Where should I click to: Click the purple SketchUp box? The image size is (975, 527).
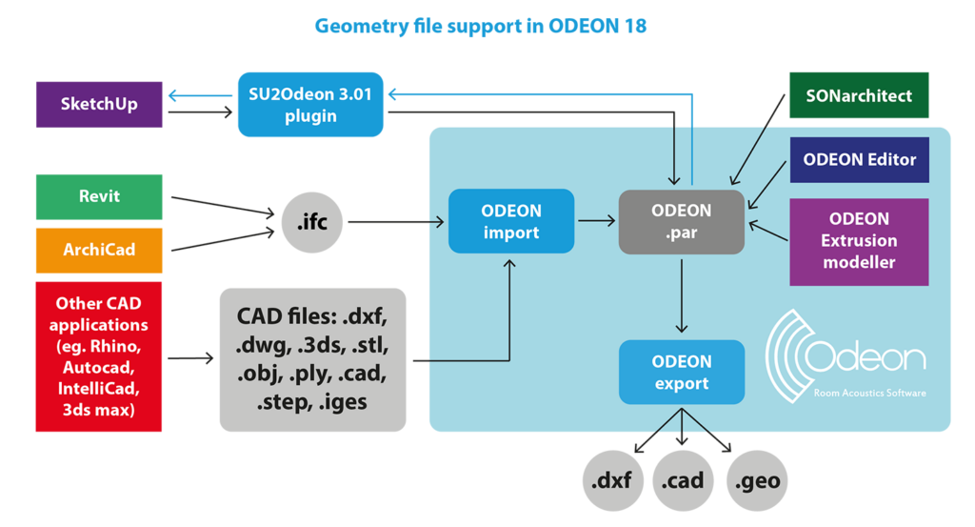tap(99, 104)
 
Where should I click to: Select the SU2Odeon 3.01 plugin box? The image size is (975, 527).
tap(310, 104)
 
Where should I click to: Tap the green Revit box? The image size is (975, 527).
tap(99, 196)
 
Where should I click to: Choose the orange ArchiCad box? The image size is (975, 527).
tap(99, 250)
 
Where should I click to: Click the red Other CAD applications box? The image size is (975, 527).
tap(99, 356)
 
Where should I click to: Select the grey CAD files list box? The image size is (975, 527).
tap(312, 358)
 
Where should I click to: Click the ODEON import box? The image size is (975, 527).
tap(511, 221)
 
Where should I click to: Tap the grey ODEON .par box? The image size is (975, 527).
tap(681, 221)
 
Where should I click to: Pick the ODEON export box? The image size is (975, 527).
tap(681, 372)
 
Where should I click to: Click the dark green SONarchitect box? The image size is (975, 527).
tap(859, 95)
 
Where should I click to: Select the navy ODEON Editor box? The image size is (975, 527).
tap(859, 159)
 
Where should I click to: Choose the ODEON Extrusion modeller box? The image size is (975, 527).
tap(859, 241)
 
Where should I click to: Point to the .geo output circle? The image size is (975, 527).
tap(758, 480)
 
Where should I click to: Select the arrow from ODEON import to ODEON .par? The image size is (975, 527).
tap(596, 221)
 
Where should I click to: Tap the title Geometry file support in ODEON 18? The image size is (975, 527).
tap(480, 26)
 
